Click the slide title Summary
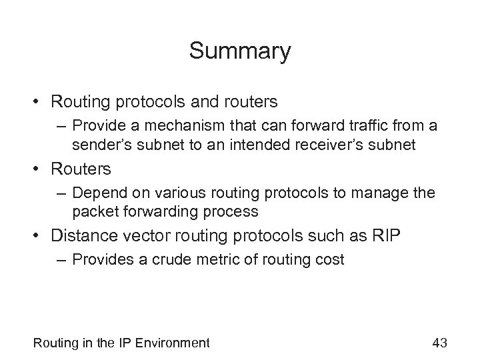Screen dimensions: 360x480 click(240, 51)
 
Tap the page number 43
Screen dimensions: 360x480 click(439, 343)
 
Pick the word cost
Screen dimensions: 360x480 click(331, 260)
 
